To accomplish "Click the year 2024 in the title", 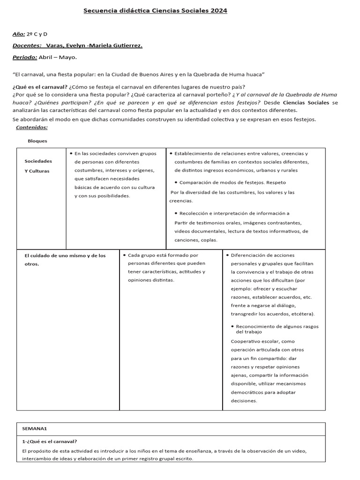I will [219, 10].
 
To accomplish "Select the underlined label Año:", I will [19, 34].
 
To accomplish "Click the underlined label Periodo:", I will [25, 57].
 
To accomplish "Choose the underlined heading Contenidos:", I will [31, 127].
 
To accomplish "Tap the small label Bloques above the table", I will [37, 141].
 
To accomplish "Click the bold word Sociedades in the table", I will [38, 161].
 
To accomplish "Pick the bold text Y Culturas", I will [37, 171].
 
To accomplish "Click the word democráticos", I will [249, 392].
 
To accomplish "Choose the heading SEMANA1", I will [35, 428].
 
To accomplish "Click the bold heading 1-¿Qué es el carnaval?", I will [50, 441].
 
